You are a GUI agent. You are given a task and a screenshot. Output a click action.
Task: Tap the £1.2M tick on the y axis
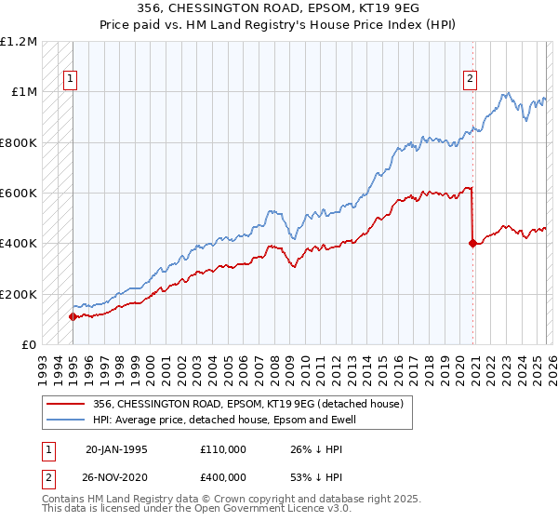coord(20,42)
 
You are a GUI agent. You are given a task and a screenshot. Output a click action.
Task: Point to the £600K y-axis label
coord(19,194)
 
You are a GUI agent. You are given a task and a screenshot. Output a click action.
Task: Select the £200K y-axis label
coord(19,294)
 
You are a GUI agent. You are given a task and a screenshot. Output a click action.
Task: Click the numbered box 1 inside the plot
coord(71,80)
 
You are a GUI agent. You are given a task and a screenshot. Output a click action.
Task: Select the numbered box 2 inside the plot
coord(471,80)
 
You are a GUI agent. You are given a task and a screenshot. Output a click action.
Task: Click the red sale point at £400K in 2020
coord(472,244)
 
